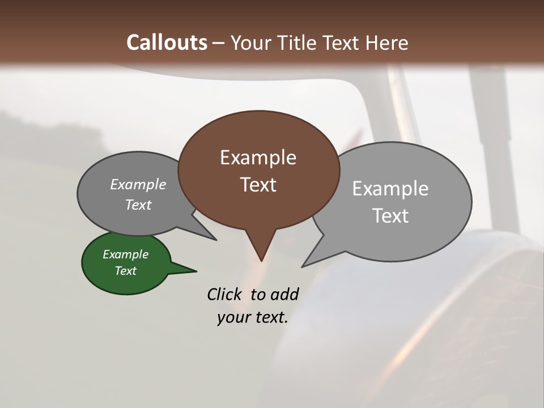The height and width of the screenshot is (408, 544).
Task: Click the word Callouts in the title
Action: [167, 42]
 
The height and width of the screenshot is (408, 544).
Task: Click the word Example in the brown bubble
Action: [258, 158]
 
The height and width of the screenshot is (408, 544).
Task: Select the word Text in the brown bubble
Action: [258, 185]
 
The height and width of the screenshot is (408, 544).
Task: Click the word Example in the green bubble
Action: [125, 254]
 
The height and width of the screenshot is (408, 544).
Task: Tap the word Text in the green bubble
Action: [125, 271]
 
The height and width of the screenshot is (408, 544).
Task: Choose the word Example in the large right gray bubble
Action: [390, 189]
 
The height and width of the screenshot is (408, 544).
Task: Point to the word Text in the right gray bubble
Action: [390, 216]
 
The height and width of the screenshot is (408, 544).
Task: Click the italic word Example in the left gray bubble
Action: [138, 185]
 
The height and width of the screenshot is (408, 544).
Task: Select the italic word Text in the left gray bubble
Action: [138, 205]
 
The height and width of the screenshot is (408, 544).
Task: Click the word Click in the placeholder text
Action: [226, 294]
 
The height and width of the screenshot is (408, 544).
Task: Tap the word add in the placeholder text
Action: [284, 294]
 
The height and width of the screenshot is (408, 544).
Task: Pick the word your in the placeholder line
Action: [233, 317]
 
